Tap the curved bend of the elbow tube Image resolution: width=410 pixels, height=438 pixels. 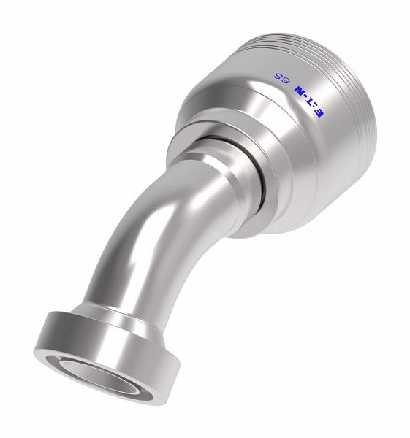tap(153, 219)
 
